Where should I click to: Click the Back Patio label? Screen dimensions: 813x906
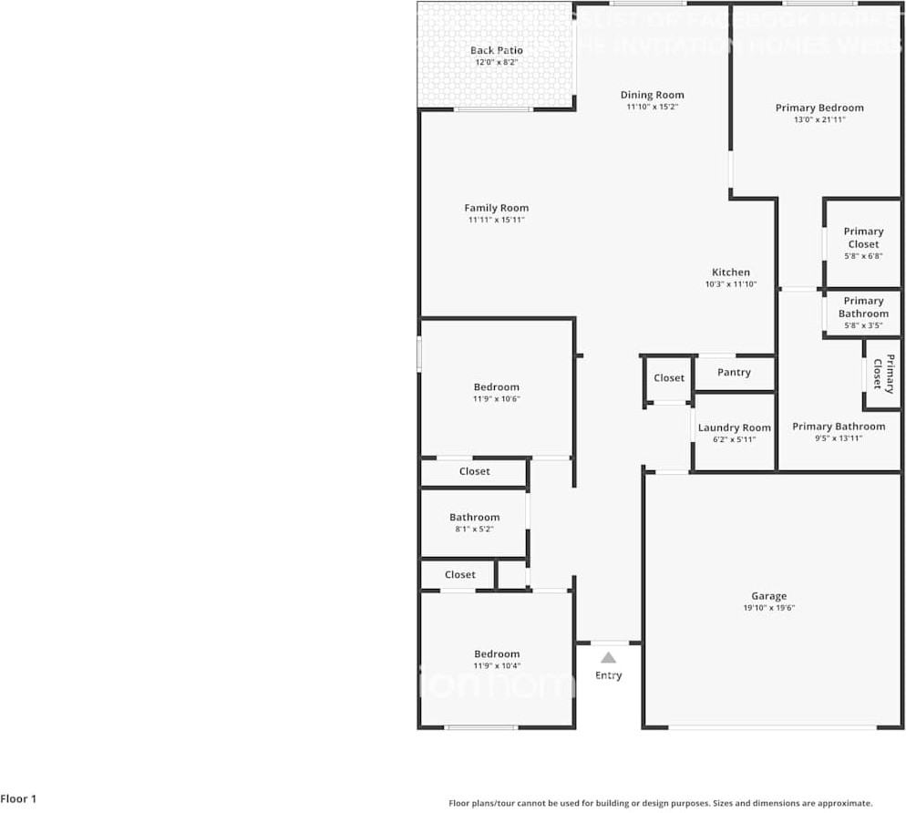[x=496, y=50]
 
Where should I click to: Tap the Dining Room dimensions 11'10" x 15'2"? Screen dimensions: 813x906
[x=652, y=107]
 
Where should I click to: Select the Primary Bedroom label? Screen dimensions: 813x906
[x=819, y=108]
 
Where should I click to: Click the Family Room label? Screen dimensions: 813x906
[x=496, y=208]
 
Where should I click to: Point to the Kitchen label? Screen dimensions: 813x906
[x=730, y=272]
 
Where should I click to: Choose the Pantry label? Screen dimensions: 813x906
[x=734, y=372]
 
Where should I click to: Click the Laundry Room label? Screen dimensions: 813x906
[x=734, y=427]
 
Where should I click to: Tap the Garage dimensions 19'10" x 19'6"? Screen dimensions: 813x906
[x=768, y=608]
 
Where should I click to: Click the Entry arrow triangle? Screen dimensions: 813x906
[x=608, y=657]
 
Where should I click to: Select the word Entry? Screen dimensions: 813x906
[x=608, y=675]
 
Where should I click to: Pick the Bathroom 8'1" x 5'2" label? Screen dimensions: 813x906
[x=474, y=517]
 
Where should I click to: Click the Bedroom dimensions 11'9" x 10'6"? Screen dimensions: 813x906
[x=496, y=398]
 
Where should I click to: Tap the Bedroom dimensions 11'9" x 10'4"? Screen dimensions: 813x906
[x=496, y=665]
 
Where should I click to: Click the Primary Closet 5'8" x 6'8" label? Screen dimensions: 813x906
[x=863, y=238]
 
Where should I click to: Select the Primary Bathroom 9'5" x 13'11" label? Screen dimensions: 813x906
[x=838, y=427]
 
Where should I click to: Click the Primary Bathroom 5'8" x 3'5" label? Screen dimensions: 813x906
[x=863, y=307]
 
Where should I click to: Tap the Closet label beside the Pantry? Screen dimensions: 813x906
[x=669, y=377]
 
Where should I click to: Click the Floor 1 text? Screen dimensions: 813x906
[x=19, y=798]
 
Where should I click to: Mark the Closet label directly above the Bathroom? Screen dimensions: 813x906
[x=474, y=471]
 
